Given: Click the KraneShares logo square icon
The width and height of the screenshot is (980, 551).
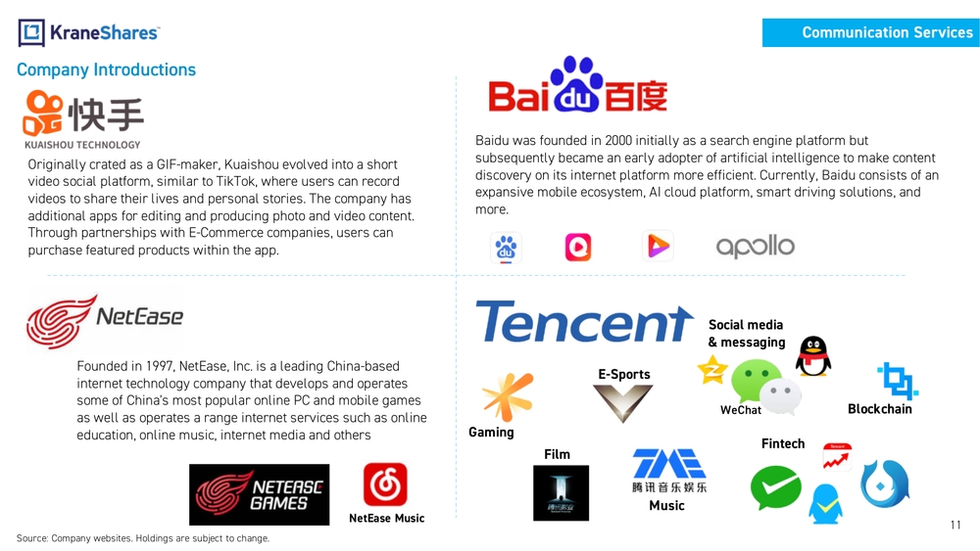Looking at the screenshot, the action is tap(31, 32).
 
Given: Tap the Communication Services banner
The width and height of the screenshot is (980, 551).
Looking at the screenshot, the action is tap(870, 32).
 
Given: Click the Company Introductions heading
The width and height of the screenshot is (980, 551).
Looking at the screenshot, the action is tap(106, 69).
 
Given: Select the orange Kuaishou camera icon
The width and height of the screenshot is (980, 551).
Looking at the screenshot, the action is tap(42, 113).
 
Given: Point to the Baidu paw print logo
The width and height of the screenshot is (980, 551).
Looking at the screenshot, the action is tap(576, 84).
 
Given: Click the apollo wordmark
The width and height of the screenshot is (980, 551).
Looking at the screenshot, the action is tap(755, 247).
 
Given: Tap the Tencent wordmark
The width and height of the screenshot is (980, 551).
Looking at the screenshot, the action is tap(584, 321).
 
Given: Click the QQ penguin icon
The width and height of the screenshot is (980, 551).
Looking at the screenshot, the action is tap(813, 355).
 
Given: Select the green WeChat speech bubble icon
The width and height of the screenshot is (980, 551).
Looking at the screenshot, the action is tap(756, 381).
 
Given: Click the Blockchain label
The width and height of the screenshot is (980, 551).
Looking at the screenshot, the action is tap(879, 409).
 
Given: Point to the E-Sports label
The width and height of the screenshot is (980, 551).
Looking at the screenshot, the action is tap(623, 375).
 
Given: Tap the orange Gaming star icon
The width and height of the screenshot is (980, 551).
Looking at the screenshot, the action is tap(508, 397).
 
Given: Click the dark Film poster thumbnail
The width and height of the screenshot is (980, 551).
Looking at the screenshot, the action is tap(561, 492).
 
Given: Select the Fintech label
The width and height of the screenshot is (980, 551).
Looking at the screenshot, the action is tap(782, 443).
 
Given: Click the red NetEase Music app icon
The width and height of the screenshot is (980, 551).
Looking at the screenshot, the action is tap(385, 484).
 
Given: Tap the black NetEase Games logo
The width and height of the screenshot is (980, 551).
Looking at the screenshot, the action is tap(260, 494).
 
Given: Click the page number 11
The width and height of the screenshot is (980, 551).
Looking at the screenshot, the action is tap(955, 525).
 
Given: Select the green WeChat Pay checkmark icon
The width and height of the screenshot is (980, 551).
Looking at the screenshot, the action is tap(775, 487).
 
